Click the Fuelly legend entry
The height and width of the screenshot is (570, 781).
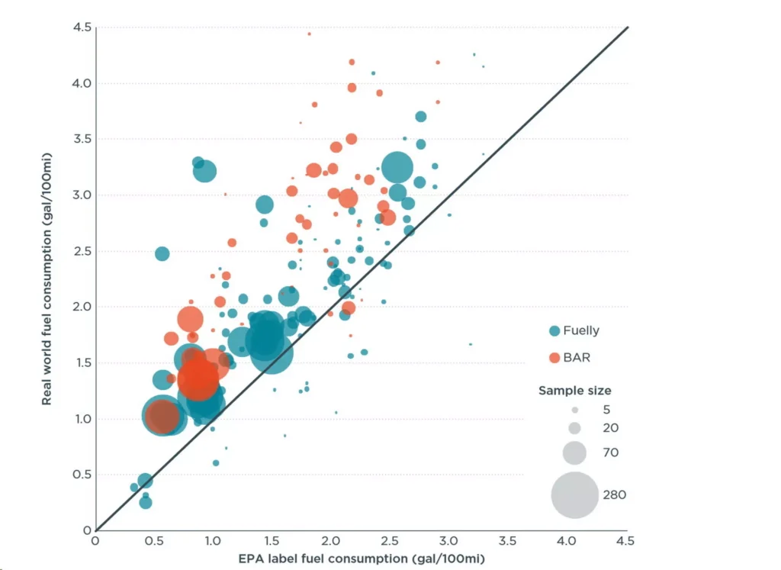coord(574,330)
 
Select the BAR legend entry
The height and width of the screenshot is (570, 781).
coord(570,357)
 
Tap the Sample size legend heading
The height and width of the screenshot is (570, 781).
coord(575,390)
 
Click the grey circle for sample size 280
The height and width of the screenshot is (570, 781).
coord(575,494)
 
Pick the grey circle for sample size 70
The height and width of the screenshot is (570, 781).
coord(574,452)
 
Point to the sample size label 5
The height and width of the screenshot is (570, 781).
coord(606,410)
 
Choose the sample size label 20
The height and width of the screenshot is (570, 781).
coord(610,427)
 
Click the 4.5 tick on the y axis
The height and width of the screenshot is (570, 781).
coord(82,27)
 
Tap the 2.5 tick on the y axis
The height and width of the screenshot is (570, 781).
coord(82,250)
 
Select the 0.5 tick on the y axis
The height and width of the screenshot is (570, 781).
coord(82,475)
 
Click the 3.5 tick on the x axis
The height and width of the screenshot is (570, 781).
coord(507,540)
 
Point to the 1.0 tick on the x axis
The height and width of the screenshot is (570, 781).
coord(213,540)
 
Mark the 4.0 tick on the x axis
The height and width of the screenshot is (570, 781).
coord(567,540)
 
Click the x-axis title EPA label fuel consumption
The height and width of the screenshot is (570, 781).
coord(362,559)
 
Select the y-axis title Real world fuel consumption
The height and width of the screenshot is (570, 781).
coord(47,279)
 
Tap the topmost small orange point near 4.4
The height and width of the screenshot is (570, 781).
coord(310,34)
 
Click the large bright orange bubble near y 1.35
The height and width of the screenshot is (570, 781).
coord(198,378)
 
